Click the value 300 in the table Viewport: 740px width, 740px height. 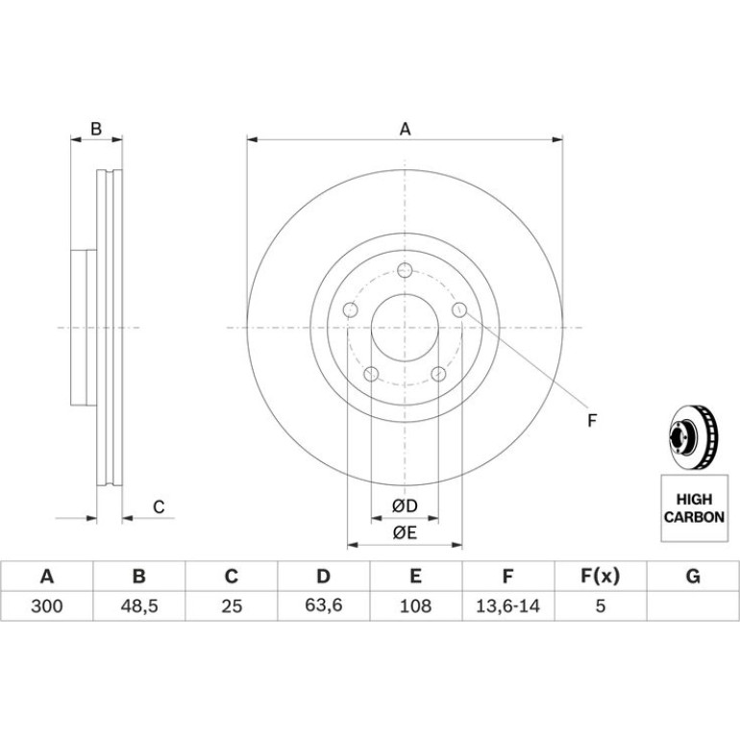click(47, 605)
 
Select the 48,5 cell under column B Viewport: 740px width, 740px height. click(139, 605)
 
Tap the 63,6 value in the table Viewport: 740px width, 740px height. click(324, 605)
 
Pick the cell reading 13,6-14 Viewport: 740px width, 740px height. click(507, 605)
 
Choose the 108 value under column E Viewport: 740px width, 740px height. click(415, 605)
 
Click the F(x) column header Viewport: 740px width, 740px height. click(600, 577)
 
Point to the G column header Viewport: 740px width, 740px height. click(693, 577)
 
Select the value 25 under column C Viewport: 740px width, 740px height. click(232, 605)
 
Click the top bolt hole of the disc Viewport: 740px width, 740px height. click(405, 270)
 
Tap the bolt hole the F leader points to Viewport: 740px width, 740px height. click(459, 310)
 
